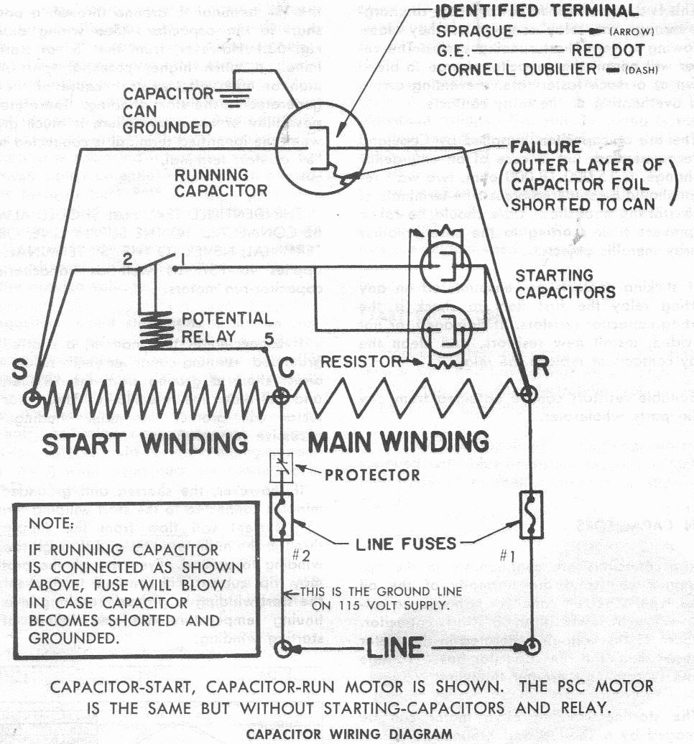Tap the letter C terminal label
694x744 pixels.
tap(286, 366)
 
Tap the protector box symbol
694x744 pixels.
tap(279, 468)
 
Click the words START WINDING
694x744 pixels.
tap(144, 442)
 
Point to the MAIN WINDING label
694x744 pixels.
tap(398, 439)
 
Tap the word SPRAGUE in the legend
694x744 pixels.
tap(475, 32)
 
